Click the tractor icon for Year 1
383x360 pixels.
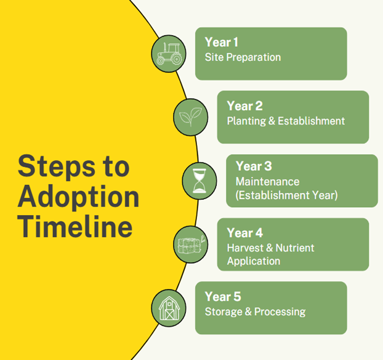(169, 54)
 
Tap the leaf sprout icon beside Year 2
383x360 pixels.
(190, 117)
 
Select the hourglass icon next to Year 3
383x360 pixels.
(200, 181)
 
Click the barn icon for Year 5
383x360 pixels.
(169, 308)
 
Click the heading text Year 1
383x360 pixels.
(221, 42)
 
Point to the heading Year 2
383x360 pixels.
(244, 106)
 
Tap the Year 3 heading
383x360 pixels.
(254, 166)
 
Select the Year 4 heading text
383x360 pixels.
(244, 232)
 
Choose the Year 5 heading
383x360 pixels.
(223, 297)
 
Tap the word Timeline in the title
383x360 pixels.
(75, 226)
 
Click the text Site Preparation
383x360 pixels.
(243, 57)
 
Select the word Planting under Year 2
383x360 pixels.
(246, 121)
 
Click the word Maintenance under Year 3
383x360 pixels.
(267, 182)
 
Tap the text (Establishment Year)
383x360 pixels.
(286, 195)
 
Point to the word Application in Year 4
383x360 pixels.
(254, 261)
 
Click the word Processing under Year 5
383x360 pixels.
(280, 312)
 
